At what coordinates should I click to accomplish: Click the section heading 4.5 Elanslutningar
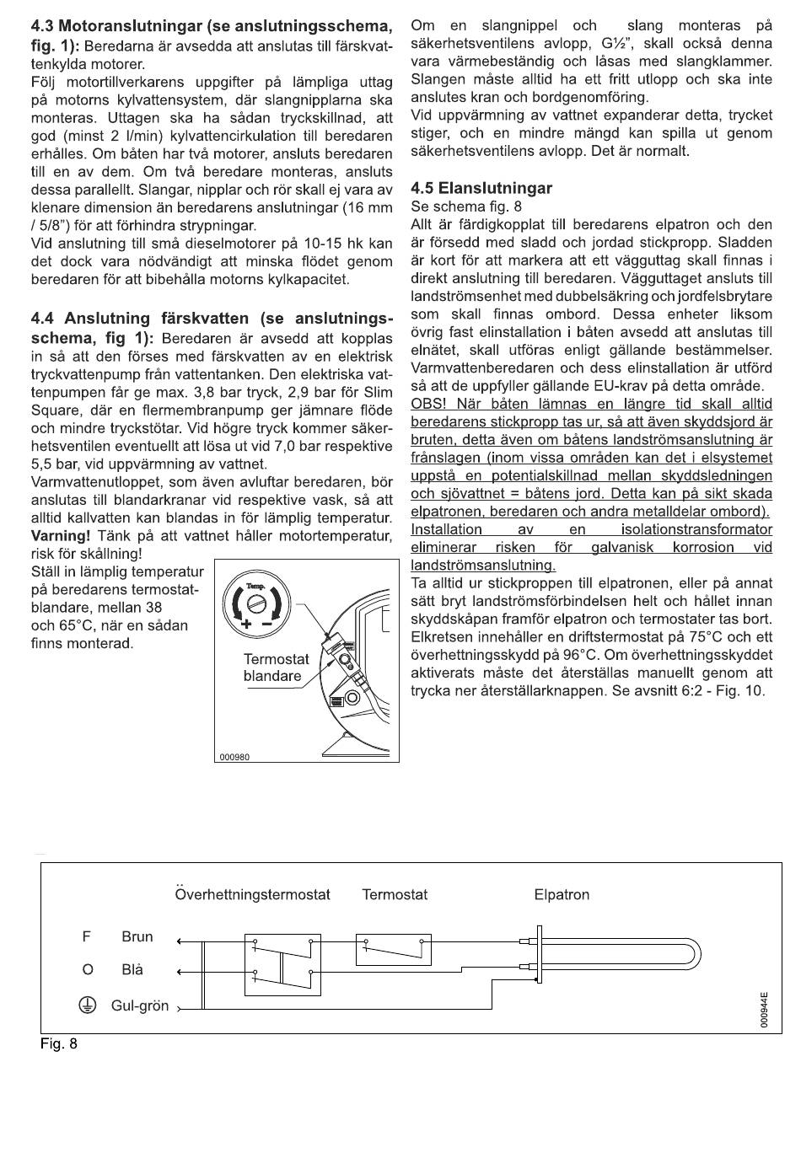tap(481, 188)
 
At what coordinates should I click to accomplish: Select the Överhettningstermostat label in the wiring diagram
tap(252, 894)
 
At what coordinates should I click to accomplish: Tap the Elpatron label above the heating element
tap(562, 894)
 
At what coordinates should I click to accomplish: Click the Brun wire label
tap(137, 936)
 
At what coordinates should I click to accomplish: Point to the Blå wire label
tap(132, 970)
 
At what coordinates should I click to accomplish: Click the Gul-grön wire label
tap(140, 1005)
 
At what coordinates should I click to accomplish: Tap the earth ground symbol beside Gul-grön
tap(85, 1005)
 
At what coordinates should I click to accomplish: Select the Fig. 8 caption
tap(59, 1044)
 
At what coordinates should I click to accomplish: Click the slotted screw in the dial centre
tap(256, 605)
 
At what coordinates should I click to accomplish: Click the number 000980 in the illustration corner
tap(234, 756)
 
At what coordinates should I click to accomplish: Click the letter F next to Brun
tap(85, 936)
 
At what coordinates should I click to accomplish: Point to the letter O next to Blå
tap(86, 970)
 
